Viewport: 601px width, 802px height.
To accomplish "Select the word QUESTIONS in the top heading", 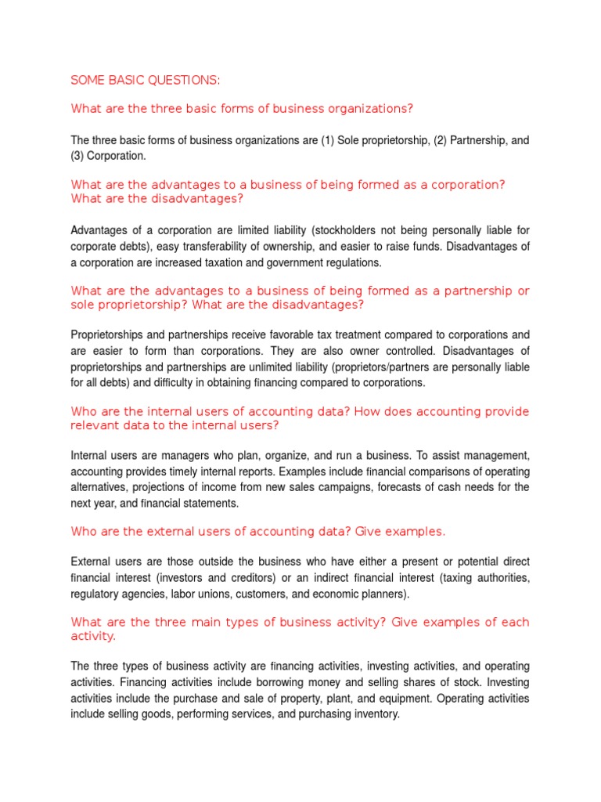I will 187,79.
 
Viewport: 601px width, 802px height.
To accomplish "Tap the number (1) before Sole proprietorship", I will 327,141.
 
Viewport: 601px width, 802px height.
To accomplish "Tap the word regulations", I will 351,262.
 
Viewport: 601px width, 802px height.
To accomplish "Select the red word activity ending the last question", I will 92,637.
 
